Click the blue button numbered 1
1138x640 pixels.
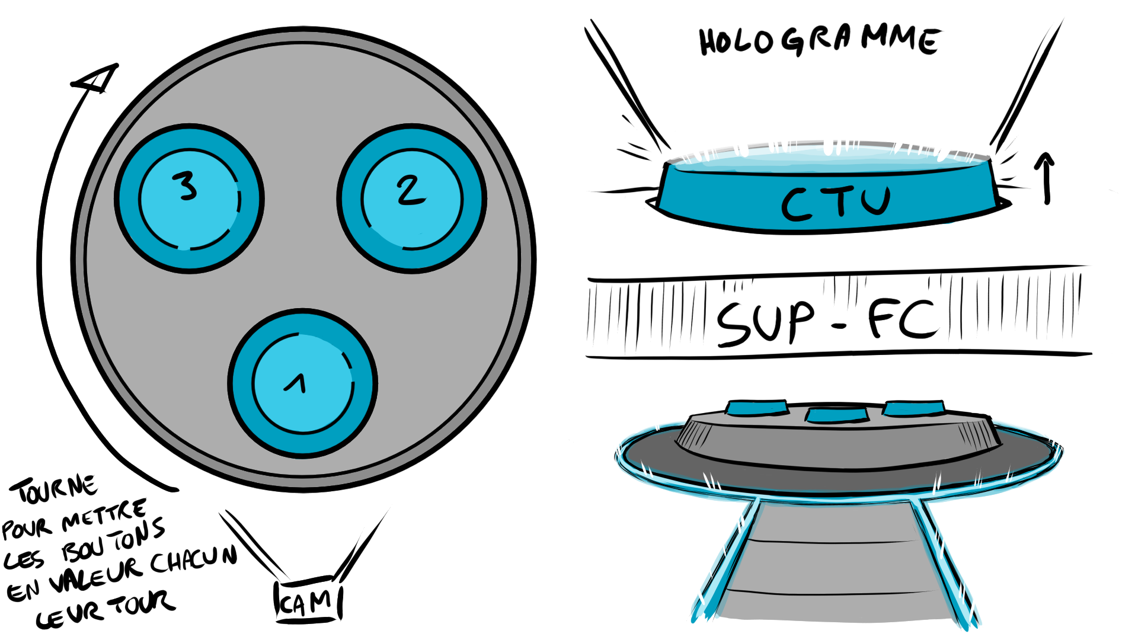303,383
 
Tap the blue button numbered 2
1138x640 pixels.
412,199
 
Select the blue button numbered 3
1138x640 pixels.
190,199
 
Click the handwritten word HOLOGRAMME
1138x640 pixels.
819,41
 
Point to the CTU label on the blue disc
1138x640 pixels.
836,203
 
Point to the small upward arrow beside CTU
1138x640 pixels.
1046,178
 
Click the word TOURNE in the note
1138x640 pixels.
53,489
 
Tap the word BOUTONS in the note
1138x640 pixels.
113,540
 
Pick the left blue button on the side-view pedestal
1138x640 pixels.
757,408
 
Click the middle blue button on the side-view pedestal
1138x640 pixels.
837,415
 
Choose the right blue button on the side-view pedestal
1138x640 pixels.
913,408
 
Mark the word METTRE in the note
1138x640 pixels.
104,516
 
